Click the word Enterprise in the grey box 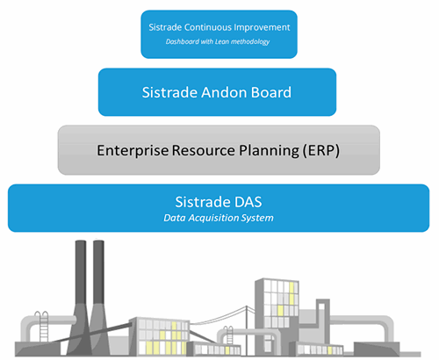pos(133,151)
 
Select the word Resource pos(204,150)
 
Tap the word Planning pos(270,151)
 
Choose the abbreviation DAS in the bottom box pos(248,202)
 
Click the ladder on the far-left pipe pos(44,327)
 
